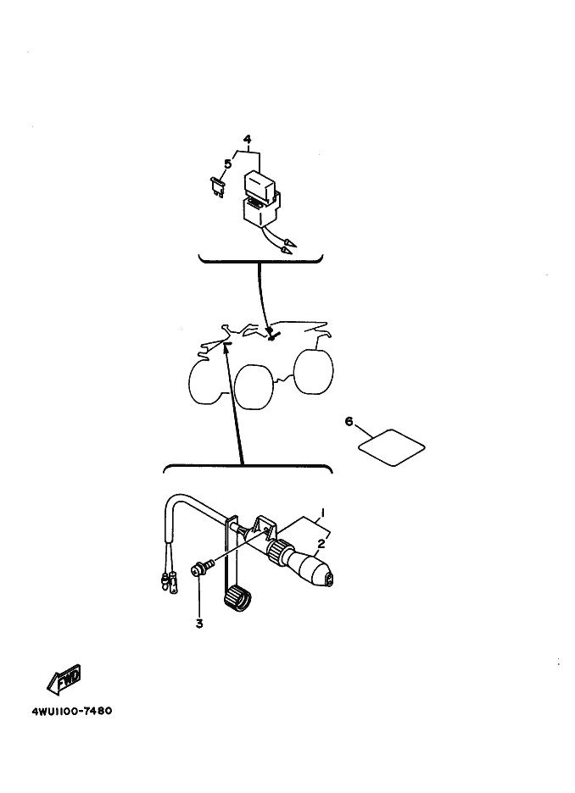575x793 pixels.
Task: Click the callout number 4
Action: pyautogui.click(x=247, y=139)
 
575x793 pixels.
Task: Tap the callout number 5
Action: pyautogui.click(x=228, y=164)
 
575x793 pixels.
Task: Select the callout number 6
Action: pyautogui.click(x=349, y=421)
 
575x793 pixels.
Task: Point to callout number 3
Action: pyautogui.click(x=199, y=624)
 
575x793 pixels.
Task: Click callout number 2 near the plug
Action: pyautogui.click(x=321, y=544)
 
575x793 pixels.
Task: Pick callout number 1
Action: pyautogui.click(x=322, y=513)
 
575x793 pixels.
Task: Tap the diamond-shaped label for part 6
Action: pyautogui.click(x=392, y=447)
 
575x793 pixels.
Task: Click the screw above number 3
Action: pyautogui.click(x=199, y=569)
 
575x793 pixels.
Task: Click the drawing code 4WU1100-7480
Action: pyautogui.click(x=72, y=711)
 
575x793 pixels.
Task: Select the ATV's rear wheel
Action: pyautogui.click(x=313, y=371)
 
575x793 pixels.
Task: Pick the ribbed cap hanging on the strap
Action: pyautogui.click(x=237, y=596)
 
